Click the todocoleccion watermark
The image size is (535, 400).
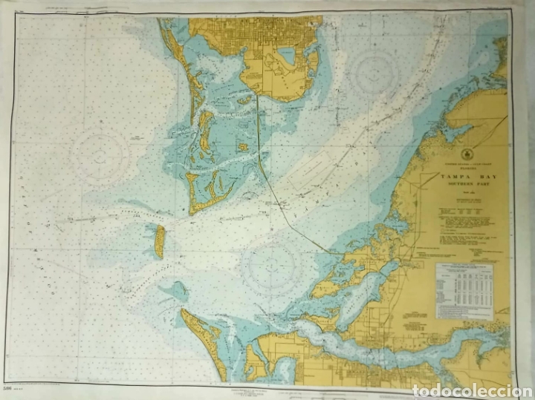tap(478, 388)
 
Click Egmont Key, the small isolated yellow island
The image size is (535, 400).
tap(159, 242)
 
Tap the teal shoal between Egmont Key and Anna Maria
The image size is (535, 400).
tap(177, 289)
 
